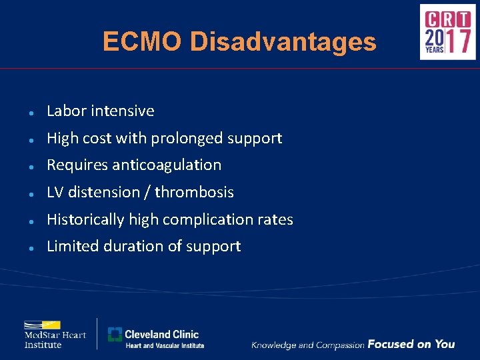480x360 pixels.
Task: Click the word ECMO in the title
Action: click(x=142, y=42)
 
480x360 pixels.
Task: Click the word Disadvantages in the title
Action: click(x=283, y=42)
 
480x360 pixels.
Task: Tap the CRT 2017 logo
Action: click(x=447, y=32)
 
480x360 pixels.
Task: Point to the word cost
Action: click(x=97, y=139)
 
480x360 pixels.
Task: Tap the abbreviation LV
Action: click(x=54, y=193)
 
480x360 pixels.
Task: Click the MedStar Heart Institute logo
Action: click(x=55, y=334)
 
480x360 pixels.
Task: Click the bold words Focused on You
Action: click(x=411, y=344)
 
